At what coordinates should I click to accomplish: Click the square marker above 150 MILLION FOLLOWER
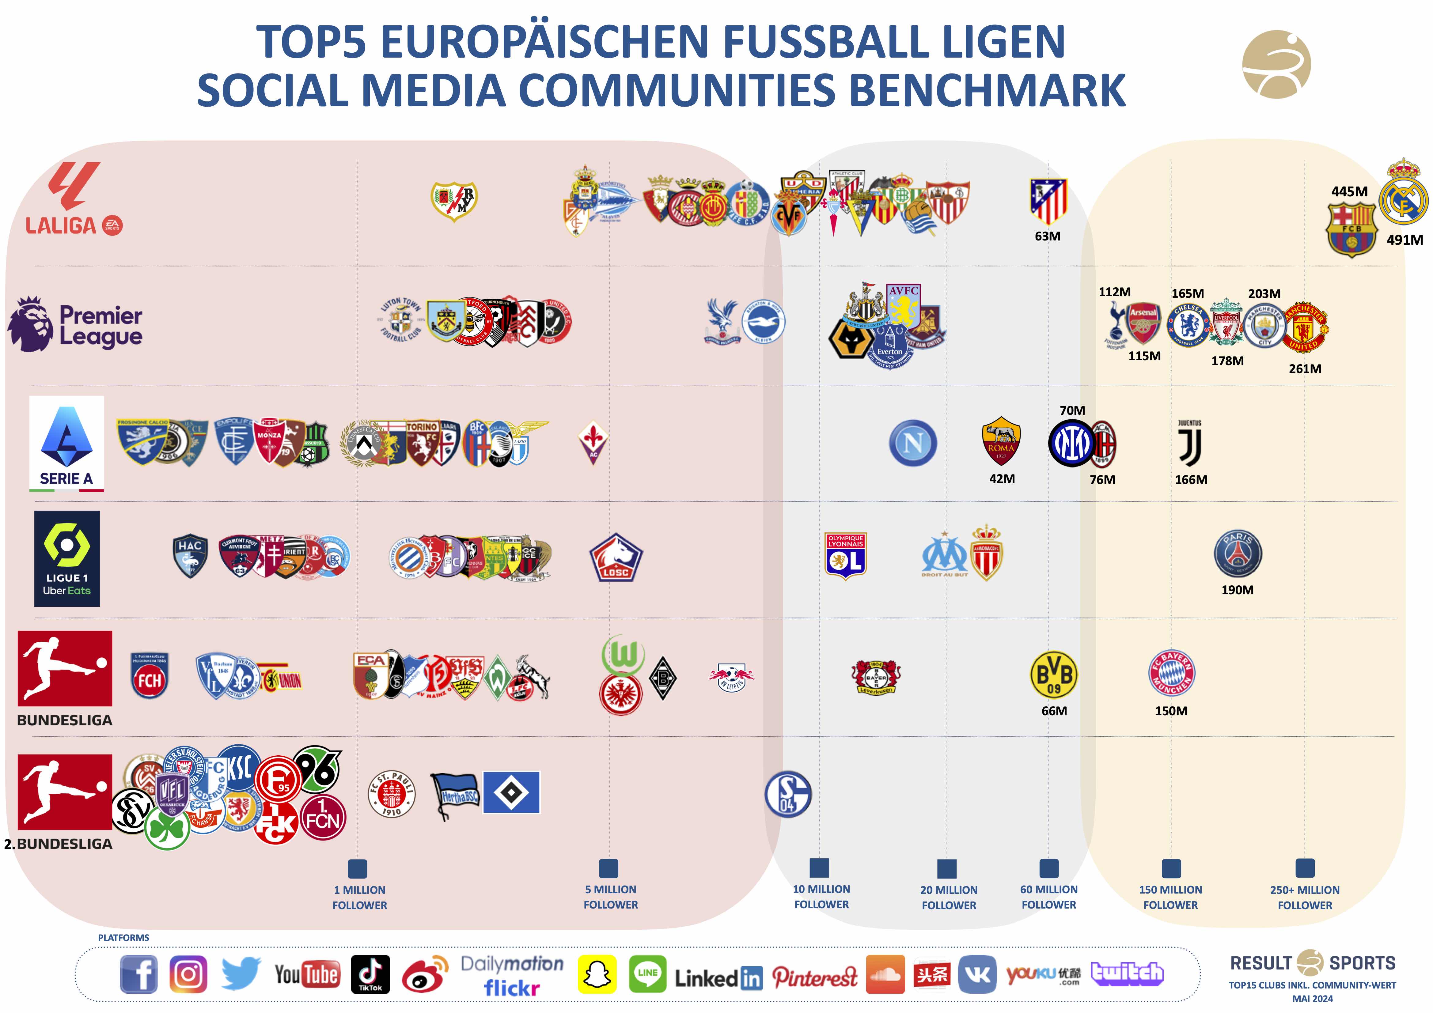click(x=1171, y=868)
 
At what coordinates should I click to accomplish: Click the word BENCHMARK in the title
click(x=988, y=90)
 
